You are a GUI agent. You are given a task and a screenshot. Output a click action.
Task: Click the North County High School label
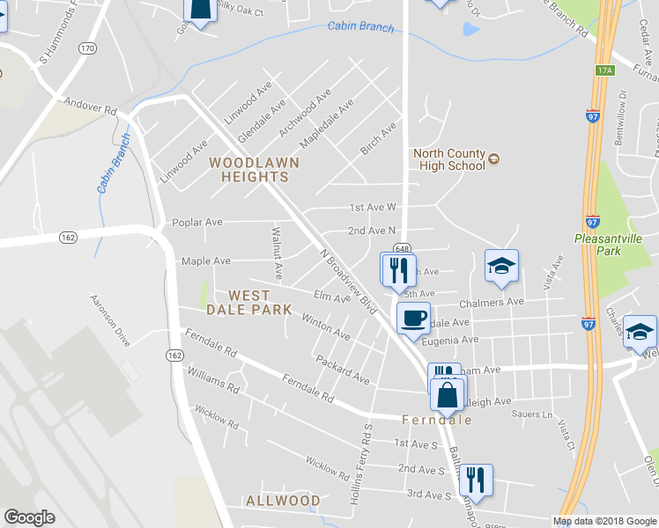coord(449,158)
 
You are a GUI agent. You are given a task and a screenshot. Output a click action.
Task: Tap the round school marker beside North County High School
coord(494,159)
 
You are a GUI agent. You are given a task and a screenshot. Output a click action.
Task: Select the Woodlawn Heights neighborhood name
coord(254,170)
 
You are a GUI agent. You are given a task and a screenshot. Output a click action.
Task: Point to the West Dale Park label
coord(260,303)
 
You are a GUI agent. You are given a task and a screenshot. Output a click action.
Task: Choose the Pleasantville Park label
coord(610,244)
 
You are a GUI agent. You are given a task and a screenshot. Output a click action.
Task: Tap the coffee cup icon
coord(412,318)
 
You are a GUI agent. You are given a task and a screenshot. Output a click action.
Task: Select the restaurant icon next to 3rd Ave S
coord(476,479)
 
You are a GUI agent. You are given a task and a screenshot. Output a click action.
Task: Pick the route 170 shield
coord(86,48)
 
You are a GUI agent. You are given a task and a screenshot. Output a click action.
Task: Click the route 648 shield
coord(402,248)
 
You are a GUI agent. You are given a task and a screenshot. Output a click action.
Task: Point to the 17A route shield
coord(603,70)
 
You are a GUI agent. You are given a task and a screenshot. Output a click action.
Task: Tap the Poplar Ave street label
coord(197,223)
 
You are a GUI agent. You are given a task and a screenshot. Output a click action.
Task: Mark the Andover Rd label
coord(91,111)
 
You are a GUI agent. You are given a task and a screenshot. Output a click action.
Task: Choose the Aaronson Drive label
coord(109,320)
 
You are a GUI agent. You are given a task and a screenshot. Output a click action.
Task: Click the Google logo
coord(30,517)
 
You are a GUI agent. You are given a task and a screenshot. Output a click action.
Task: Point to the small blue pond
coord(470,29)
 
